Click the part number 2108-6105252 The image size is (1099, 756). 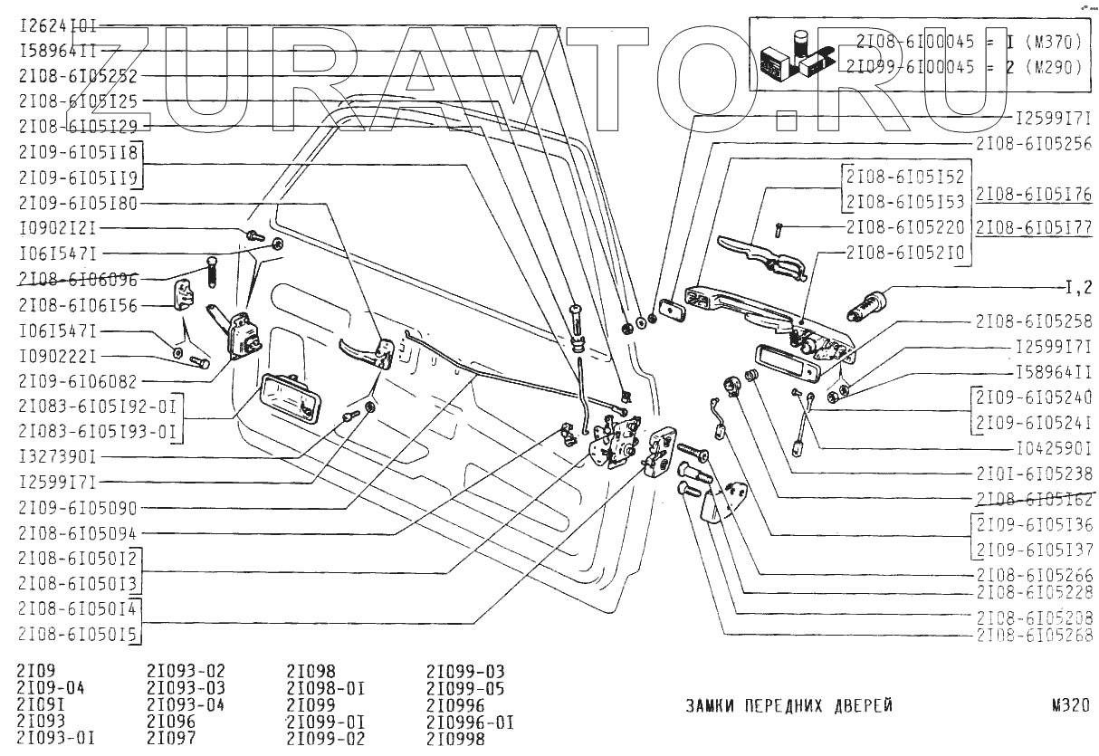[77, 78]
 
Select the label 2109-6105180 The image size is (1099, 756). [77, 204]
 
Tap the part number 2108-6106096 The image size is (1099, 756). [77, 280]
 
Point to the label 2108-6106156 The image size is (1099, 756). [77, 305]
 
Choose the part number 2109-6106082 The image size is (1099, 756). [77, 381]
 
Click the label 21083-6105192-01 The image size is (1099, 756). [94, 406]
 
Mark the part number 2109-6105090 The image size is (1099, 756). [77, 507]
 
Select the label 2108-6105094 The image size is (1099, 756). [77, 532]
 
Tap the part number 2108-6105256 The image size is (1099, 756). [1036, 143]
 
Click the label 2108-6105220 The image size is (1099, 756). [907, 225]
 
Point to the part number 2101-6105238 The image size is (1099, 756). [1036, 472]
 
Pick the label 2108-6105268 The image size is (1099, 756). [1036, 636]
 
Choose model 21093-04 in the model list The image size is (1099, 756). [186, 704]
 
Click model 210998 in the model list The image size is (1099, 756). [455, 738]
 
